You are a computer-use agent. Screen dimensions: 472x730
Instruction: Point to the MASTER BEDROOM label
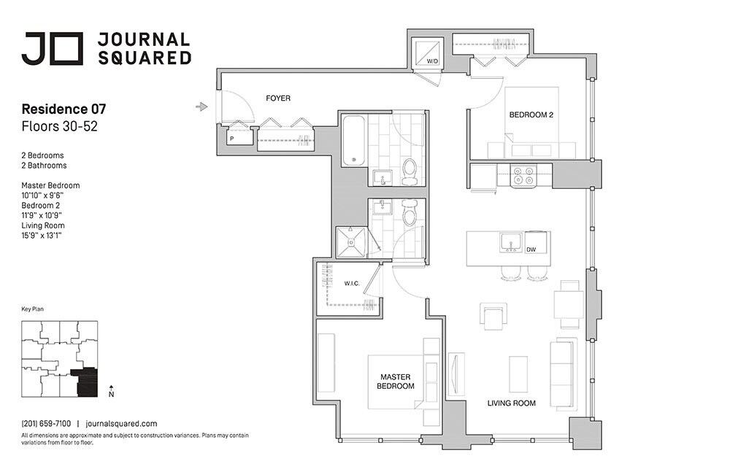395,382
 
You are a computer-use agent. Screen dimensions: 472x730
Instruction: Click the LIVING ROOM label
511,403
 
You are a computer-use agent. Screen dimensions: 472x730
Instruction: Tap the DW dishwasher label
531,250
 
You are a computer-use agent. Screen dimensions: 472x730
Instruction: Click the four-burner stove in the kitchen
523,175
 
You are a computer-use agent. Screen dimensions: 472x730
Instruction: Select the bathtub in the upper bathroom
354,140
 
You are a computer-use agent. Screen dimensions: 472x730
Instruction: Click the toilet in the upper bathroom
410,170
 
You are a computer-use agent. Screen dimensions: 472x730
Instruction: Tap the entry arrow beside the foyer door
202,107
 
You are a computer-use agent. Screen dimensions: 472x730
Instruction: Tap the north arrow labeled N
110,391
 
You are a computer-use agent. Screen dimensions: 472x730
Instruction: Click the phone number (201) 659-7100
46,423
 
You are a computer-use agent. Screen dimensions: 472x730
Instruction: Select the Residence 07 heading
64,109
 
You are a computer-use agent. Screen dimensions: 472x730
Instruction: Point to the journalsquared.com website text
121,423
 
